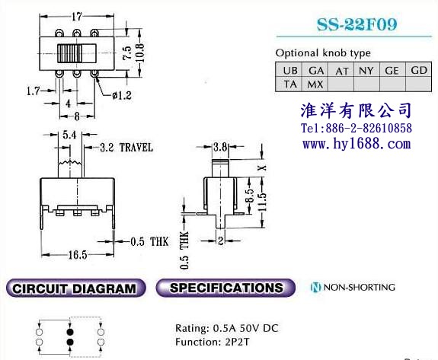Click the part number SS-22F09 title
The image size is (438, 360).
click(x=356, y=24)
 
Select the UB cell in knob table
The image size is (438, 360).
click(x=289, y=70)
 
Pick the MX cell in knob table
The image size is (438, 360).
click(x=315, y=84)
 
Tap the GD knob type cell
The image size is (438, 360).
click(x=419, y=70)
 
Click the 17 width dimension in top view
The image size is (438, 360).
click(x=76, y=17)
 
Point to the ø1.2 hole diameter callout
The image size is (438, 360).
click(x=122, y=95)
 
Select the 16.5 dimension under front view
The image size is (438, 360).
click(x=78, y=255)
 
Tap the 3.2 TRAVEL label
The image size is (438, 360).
click(x=126, y=148)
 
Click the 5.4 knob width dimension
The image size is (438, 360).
click(x=69, y=135)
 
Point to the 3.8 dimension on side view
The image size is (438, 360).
click(x=220, y=147)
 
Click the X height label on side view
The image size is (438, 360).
click(x=262, y=167)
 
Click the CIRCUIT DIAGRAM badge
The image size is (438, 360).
click(x=75, y=288)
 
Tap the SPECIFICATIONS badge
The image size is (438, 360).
click(x=225, y=288)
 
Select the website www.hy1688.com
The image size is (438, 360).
click(x=356, y=144)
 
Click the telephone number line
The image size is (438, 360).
click(x=356, y=128)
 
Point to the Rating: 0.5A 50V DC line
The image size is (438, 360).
click(x=226, y=328)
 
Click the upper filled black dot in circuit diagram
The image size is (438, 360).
click(x=70, y=332)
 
